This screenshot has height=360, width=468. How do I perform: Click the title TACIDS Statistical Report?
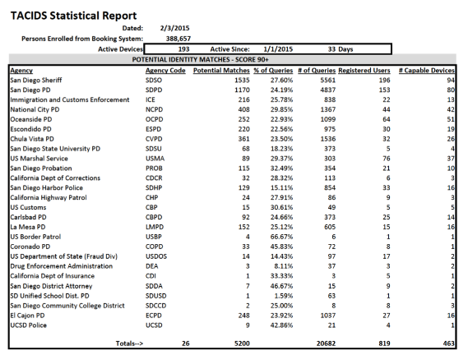click(73, 16)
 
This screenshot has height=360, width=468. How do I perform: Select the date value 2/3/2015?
click(174, 28)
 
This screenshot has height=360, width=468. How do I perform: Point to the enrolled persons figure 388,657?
click(178, 39)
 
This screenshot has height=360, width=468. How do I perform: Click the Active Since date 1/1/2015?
click(278, 49)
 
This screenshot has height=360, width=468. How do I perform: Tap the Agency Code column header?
click(165, 71)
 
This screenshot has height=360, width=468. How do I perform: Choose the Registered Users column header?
click(364, 71)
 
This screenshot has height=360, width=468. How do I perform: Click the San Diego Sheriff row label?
click(36, 81)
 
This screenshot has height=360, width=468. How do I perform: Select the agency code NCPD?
click(154, 109)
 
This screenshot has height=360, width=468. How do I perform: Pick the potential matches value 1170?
click(242, 90)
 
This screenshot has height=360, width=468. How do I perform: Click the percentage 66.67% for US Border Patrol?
click(281, 237)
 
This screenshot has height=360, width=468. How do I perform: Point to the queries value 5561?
click(327, 81)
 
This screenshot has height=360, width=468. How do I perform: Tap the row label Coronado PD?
click(30, 247)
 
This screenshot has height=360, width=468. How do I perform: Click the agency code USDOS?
click(156, 256)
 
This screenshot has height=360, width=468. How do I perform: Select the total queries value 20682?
click(326, 344)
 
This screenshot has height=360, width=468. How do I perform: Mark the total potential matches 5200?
click(242, 344)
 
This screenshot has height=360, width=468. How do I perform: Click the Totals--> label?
click(129, 344)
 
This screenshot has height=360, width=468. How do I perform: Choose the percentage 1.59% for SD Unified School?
click(284, 296)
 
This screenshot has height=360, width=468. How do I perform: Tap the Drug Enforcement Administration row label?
click(62, 266)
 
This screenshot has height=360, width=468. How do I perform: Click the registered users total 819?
click(384, 344)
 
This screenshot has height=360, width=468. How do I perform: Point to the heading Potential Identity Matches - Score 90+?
click(200, 60)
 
